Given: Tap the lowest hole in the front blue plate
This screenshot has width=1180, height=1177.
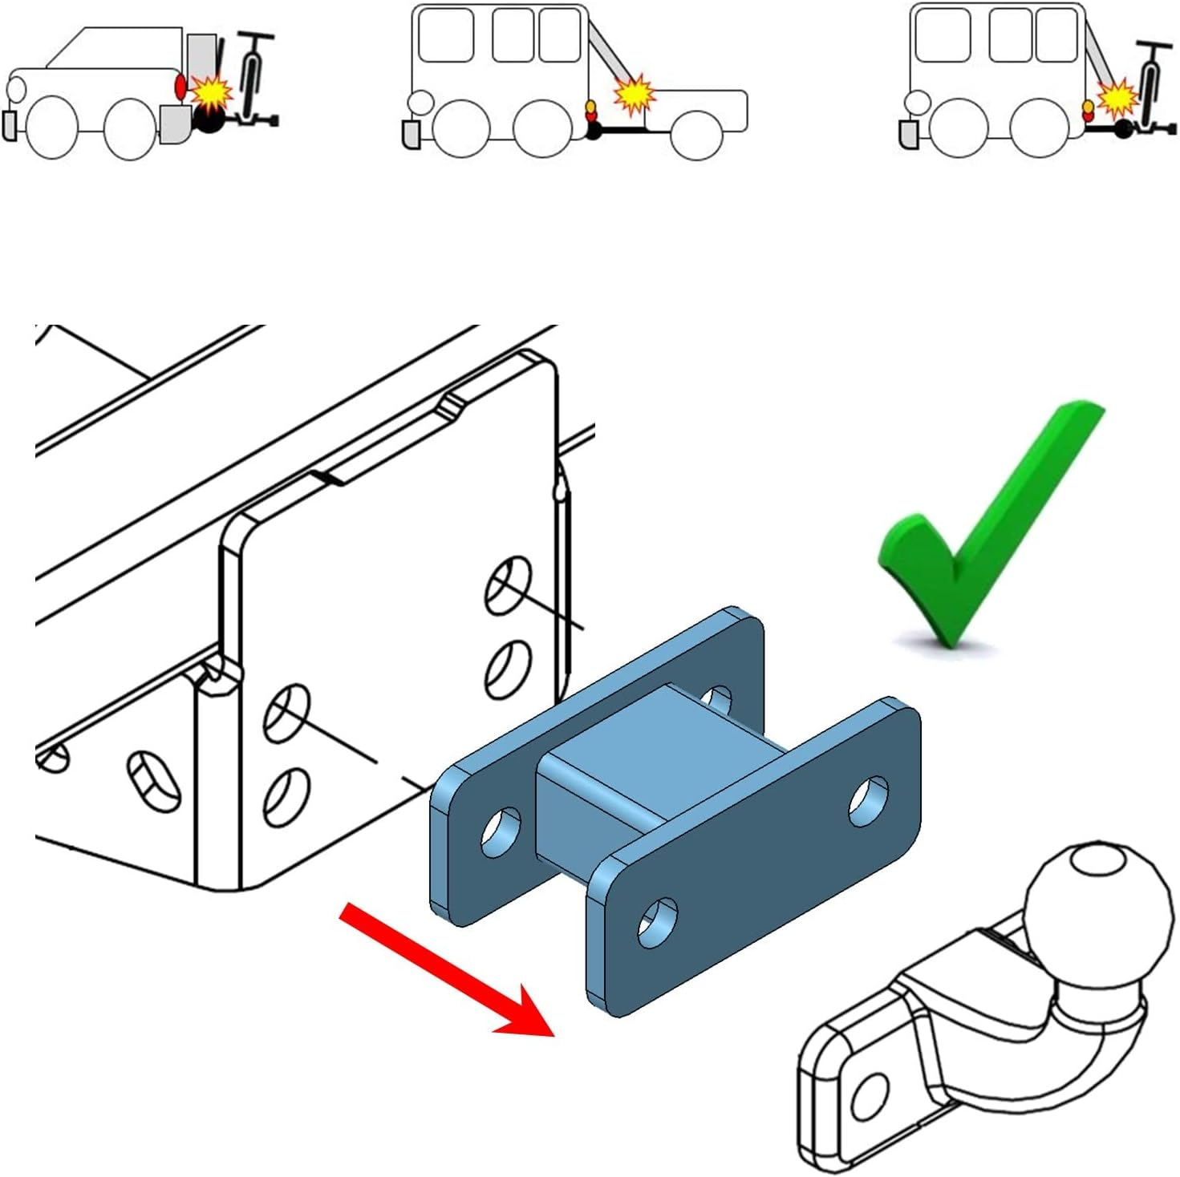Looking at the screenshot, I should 657,923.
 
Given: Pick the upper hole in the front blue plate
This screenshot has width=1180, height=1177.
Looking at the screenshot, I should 868,799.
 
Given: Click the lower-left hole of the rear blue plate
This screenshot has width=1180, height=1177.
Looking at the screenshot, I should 501,832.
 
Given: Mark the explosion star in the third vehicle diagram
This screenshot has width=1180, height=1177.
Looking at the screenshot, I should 1118,98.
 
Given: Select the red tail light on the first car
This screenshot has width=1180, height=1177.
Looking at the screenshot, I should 180,87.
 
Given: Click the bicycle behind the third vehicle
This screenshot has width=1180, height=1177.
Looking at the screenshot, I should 1151,88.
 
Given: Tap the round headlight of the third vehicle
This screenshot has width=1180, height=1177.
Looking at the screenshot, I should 917,103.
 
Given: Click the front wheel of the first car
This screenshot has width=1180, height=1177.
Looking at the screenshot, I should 53,127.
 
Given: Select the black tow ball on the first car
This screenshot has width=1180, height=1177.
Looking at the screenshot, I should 210,119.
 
